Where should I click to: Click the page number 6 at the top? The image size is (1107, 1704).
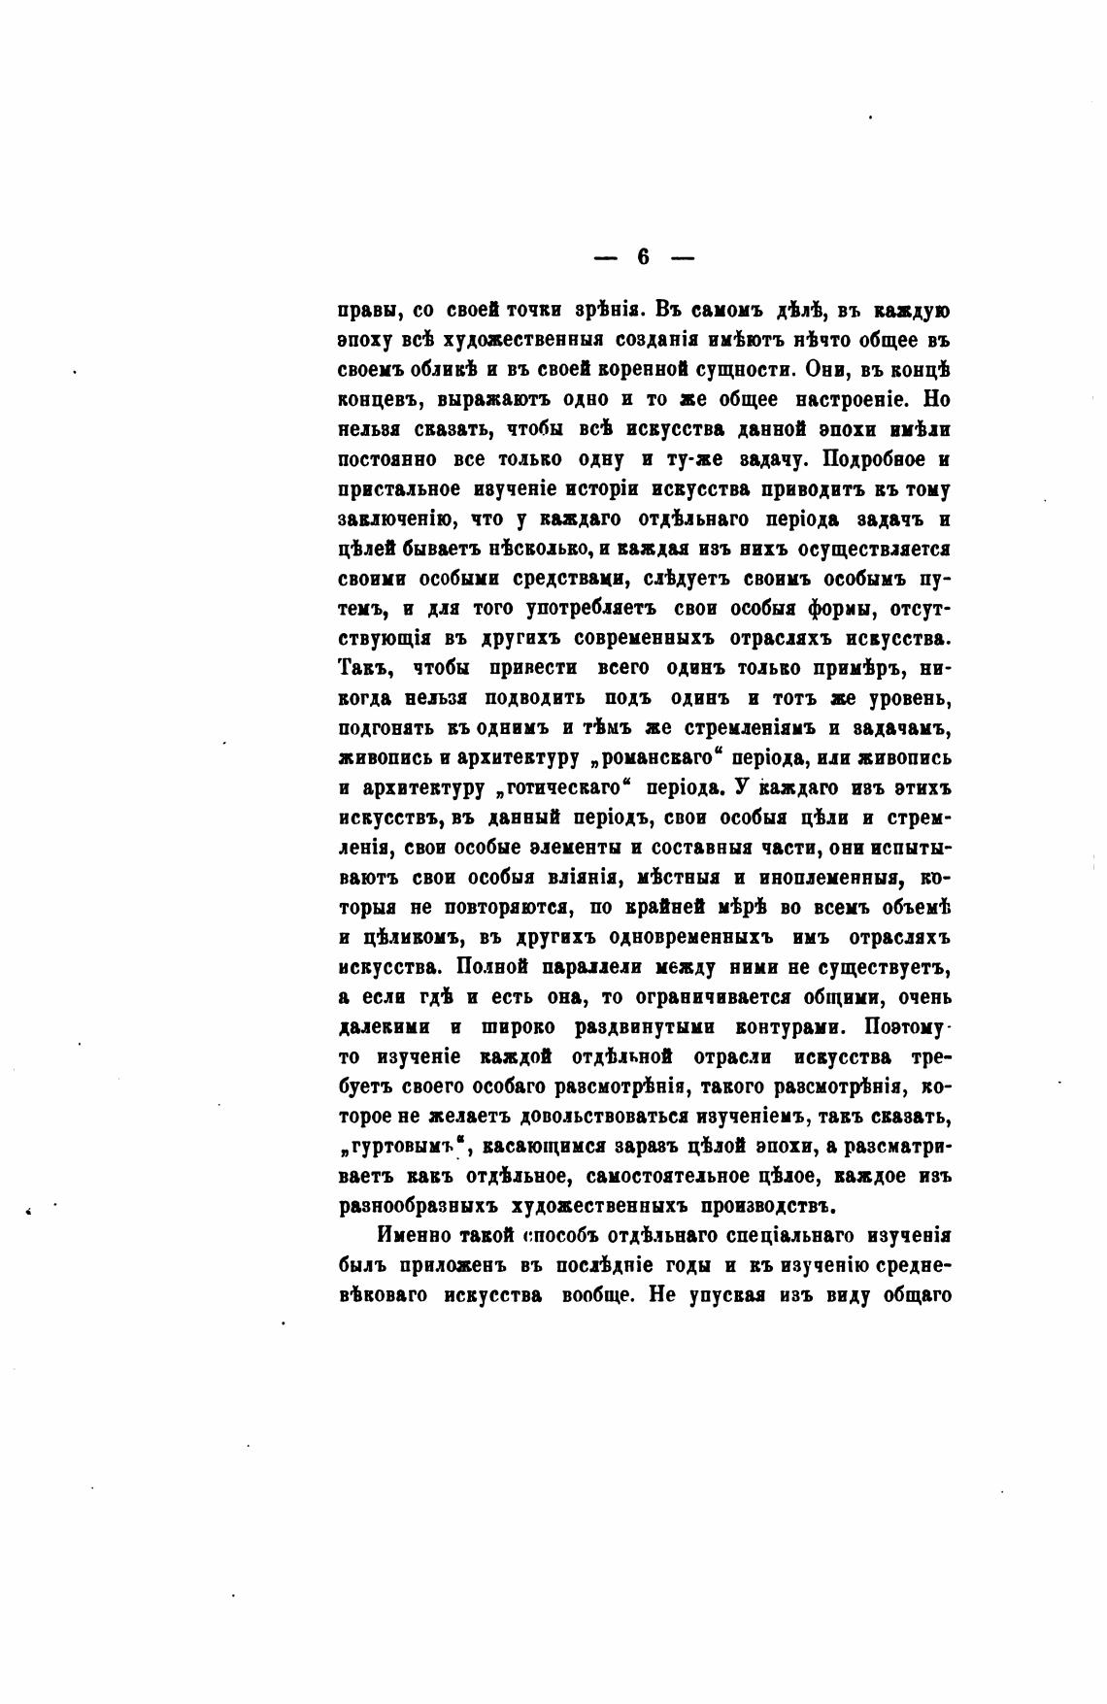(644, 257)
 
